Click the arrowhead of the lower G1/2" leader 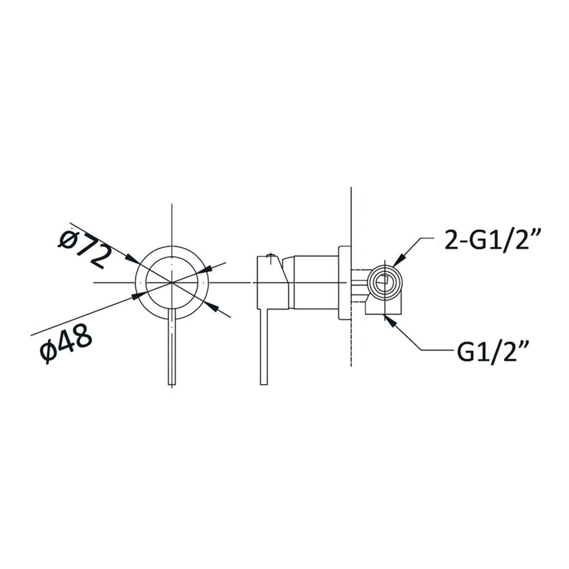click(x=390, y=319)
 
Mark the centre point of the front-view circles click(x=172, y=282)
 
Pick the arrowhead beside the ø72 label click(x=132, y=259)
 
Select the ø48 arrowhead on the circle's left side click(x=139, y=296)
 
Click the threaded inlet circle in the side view click(x=386, y=282)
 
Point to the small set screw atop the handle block click(x=270, y=258)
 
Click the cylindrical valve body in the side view click(x=315, y=281)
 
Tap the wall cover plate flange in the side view click(x=344, y=282)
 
